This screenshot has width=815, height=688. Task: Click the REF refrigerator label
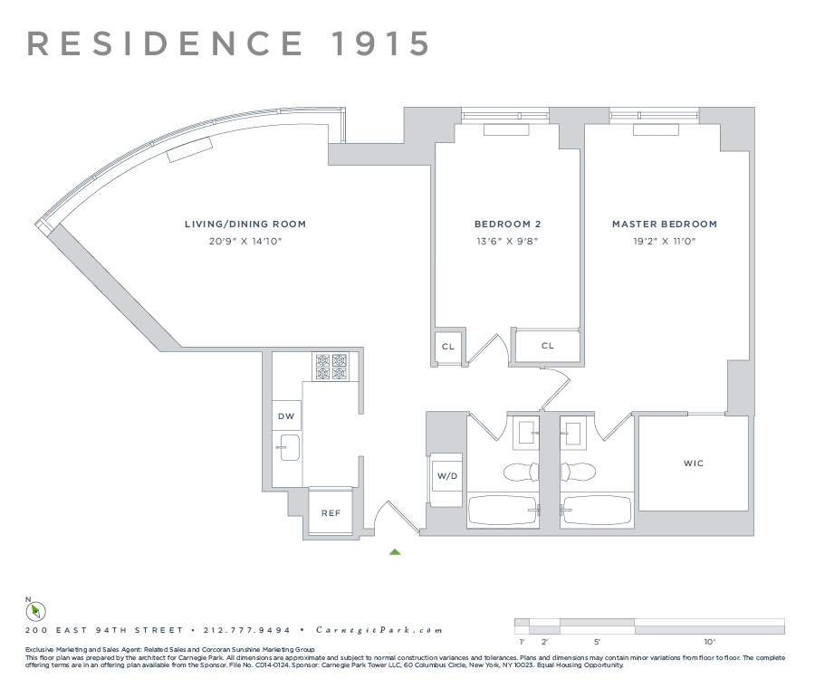(x=331, y=512)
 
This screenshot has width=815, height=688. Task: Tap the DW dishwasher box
(x=286, y=415)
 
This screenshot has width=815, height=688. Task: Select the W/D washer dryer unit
(x=446, y=474)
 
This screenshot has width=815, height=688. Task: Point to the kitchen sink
(x=290, y=447)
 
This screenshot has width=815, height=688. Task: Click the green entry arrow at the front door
(x=395, y=550)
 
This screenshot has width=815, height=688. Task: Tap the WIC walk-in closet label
(x=694, y=463)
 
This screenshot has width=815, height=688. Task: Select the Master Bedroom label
(x=664, y=225)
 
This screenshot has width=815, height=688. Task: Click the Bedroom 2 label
(x=508, y=225)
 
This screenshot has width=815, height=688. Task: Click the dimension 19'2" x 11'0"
(x=664, y=242)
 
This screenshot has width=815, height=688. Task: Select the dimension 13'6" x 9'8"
(x=508, y=242)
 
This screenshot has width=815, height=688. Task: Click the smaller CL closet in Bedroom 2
(x=448, y=347)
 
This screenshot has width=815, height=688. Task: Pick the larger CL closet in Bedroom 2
(x=547, y=345)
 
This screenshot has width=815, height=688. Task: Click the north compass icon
(x=36, y=611)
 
